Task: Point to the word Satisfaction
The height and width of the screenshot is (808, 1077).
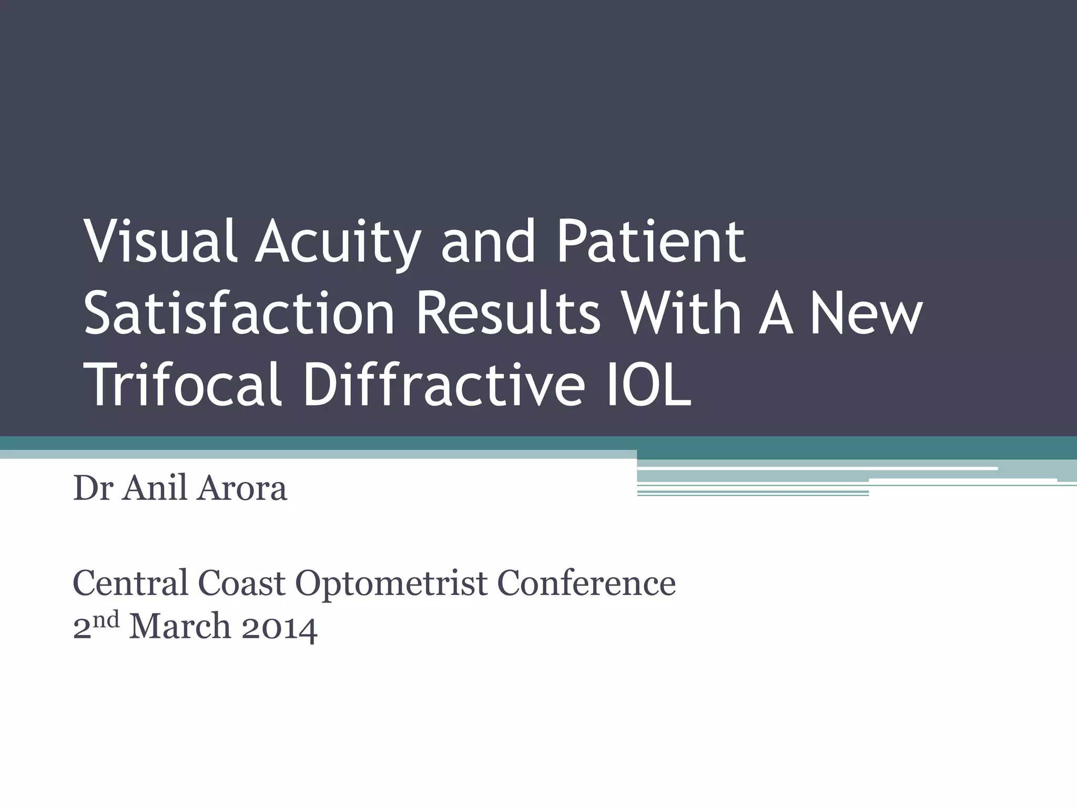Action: (239, 314)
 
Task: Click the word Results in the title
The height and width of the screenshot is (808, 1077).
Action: (508, 314)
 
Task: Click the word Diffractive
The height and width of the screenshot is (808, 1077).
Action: (443, 385)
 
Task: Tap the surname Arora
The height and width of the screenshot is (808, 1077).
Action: (242, 488)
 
